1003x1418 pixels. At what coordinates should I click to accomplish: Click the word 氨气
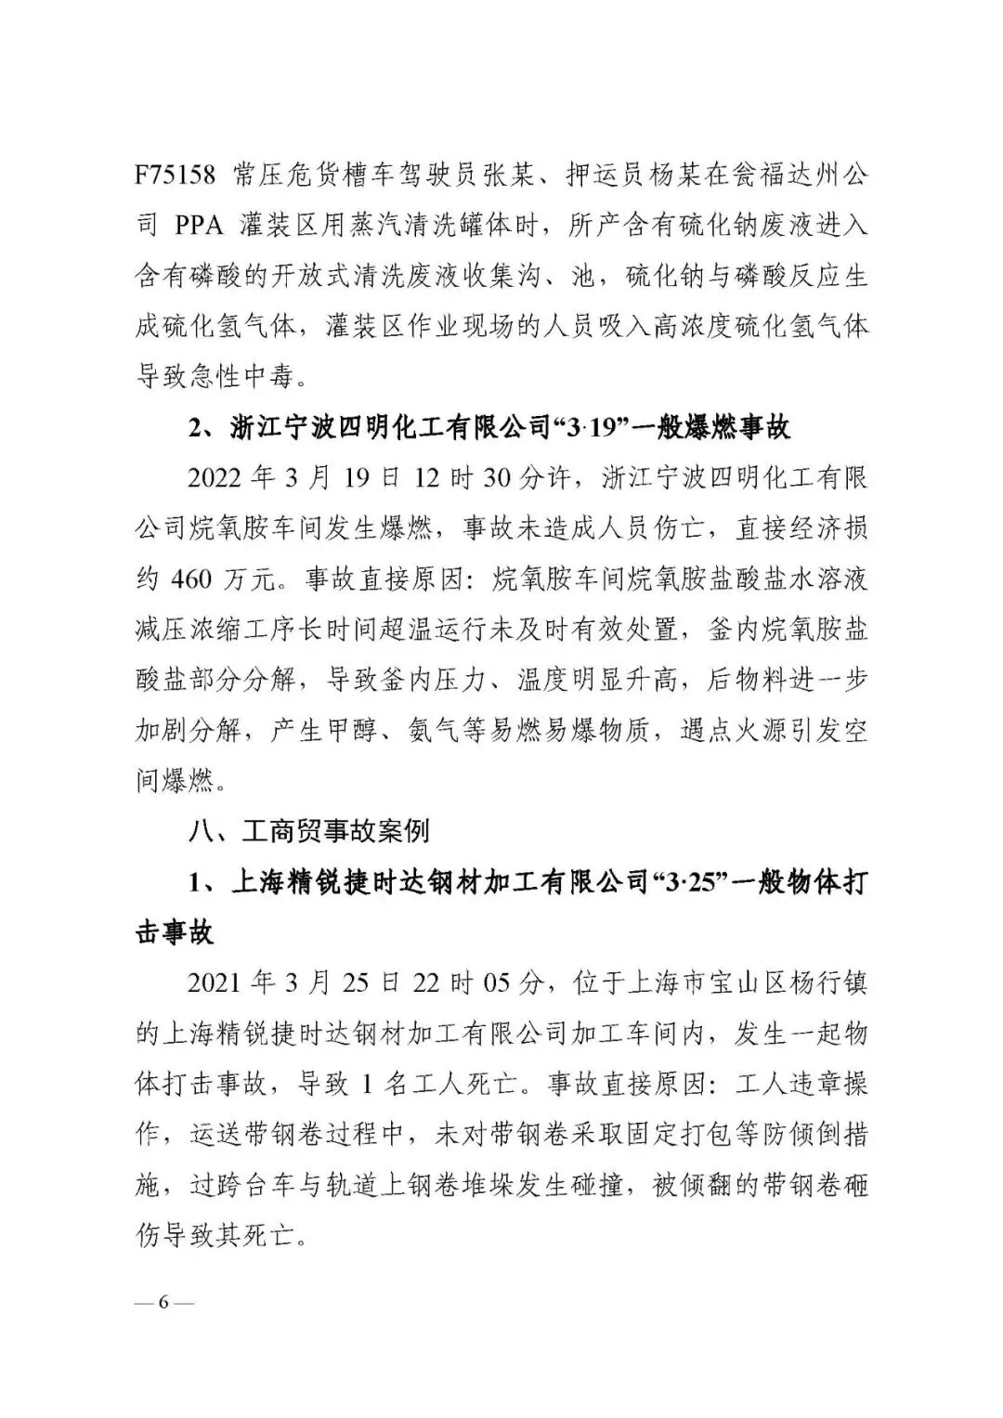[436, 731]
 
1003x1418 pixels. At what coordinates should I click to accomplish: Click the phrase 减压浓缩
[187, 631]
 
